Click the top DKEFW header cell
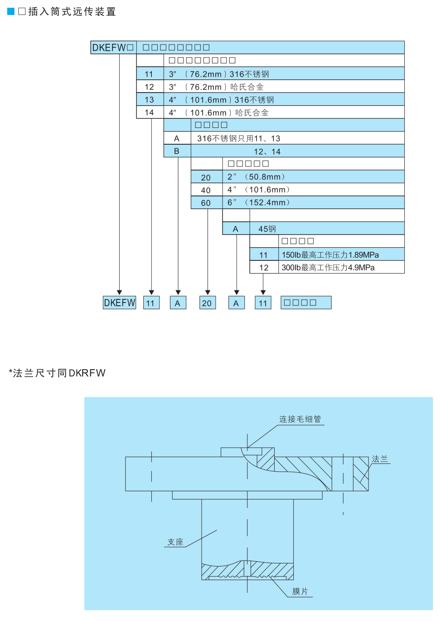113,48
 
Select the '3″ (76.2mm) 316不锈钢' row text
219,74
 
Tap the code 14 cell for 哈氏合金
150,112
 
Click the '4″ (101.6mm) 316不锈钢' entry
221,100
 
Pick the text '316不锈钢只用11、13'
238,138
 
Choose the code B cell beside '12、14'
177,151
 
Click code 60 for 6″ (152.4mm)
206,203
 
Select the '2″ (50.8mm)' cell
256,177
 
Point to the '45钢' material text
267,229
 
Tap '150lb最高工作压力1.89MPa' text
330,255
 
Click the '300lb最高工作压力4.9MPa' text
328,268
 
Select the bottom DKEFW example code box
120,303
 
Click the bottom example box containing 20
207,303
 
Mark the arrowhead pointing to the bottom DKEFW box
120,293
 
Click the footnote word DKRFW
87,373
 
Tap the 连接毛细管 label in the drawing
300,419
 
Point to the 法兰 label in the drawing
380,459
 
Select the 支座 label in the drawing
175,542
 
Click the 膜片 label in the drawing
300,592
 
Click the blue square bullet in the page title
11,11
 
